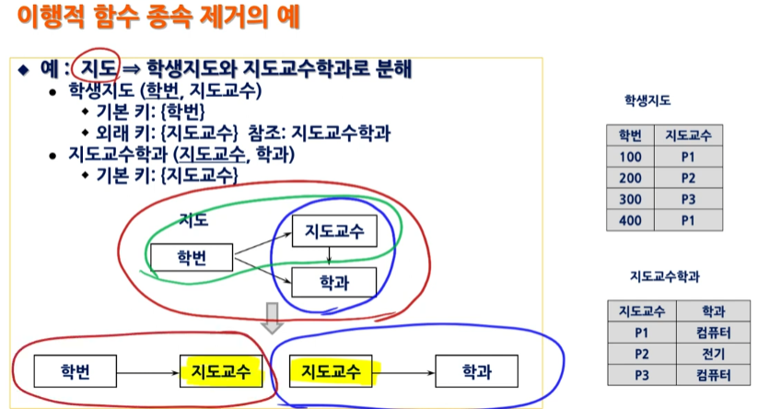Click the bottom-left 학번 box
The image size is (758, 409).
click(x=75, y=371)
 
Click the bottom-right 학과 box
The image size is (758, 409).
click(x=476, y=371)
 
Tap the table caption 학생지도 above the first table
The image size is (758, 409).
click(x=647, y=102)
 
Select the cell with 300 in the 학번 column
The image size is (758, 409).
click(x=629, y=199)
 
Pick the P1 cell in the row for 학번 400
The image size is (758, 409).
click(x=687, y=220)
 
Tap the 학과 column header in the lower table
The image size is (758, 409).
click(x=713, y=311)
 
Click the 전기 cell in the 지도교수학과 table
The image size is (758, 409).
click(x=713, y=354)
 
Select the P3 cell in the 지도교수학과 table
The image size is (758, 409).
click(x=642, y=375)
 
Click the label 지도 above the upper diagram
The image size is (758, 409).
click(x=193, y=220)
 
